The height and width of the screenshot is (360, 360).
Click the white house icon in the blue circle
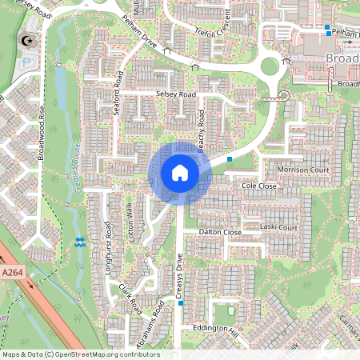(x=179, y=173)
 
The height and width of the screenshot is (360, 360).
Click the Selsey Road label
(x=176, y=94)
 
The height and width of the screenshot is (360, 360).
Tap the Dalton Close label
(x=221, y=232)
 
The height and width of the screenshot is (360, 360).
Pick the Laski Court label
(x=278, y=228)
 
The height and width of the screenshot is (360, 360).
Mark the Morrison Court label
(x=302, y=170)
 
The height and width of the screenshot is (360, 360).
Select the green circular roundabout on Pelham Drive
(x=270, y=66)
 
